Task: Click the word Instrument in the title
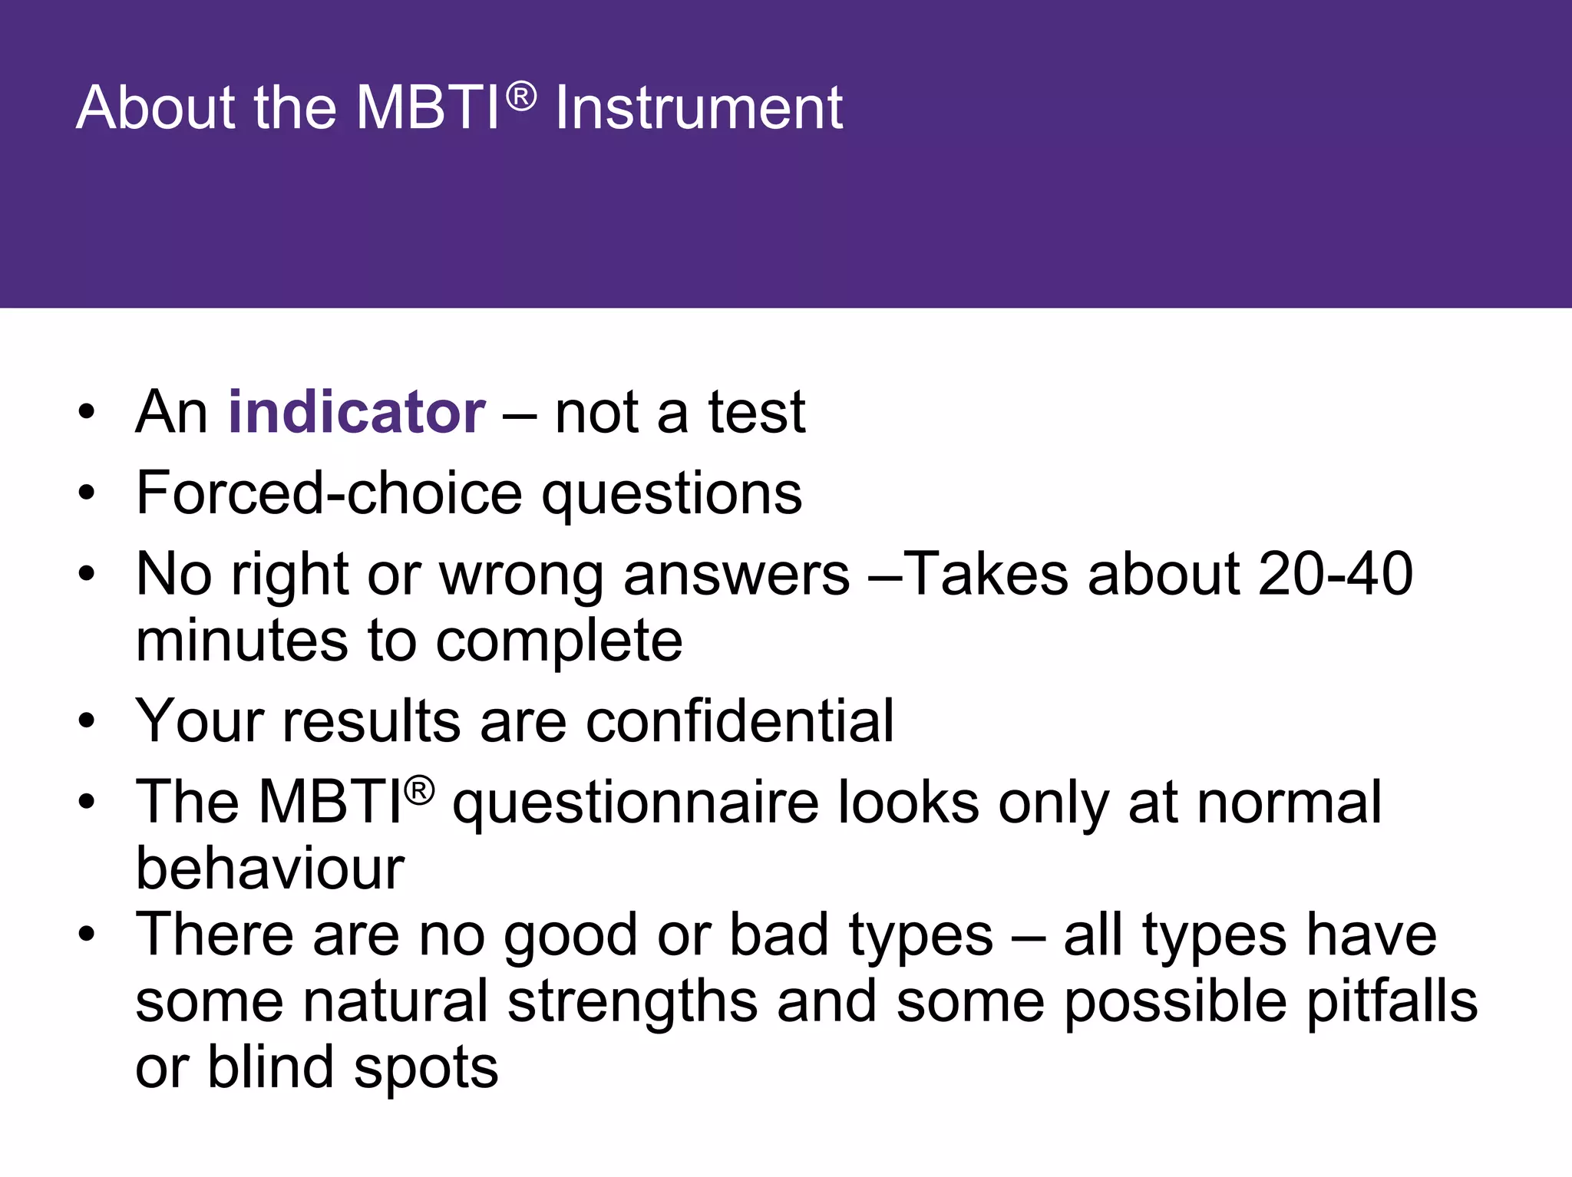click(698, 108)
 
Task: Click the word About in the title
click(158, 108)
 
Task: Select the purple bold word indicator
click(357, 413)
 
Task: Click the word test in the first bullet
click(756, 413)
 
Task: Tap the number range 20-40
click(1335, 574)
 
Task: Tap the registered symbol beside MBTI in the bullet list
click(419, 791)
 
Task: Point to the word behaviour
click(270, 869)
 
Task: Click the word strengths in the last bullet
click(632, 1002)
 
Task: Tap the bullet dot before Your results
click(87, 721)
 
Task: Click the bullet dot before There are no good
click(87, 935)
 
